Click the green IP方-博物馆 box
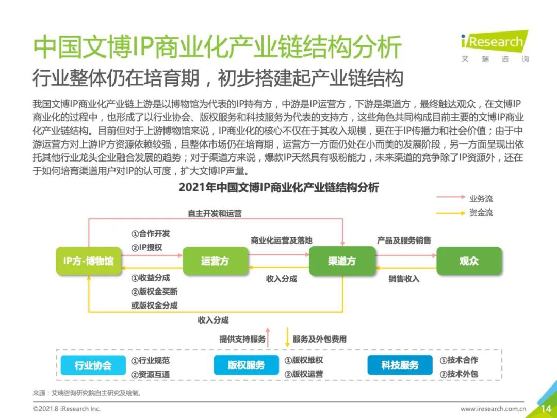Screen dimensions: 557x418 (x=89, y=261)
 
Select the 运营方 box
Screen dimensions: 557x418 (x=215, y=261)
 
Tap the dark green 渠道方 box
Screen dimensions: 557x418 (x=342, y=261)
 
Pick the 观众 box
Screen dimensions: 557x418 (x=469, y=261)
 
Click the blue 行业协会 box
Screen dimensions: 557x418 (x=93, y=365)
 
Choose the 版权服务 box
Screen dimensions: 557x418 (x=246, y=365)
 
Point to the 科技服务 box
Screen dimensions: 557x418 (x=400, y=365)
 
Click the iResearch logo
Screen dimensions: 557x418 (x=495, y=46)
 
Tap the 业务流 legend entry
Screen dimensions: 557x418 (x=464, y=198)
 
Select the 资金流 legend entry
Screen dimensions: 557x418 (x=464, y=213)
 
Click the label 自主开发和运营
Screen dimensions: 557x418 (x=215, y=213)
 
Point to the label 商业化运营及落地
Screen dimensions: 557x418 (x=282, y=240)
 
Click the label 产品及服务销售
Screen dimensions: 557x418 (x=404, y=240)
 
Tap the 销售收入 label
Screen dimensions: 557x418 (x=404, y=279)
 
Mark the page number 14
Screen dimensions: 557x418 (x=546, y=408)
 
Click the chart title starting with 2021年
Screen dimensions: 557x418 (x=278, y=187)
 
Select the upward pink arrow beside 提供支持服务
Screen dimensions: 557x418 (x=268, y=337)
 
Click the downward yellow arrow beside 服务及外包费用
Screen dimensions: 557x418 (x=287, y=337)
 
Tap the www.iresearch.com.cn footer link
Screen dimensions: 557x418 (x=493, y=409)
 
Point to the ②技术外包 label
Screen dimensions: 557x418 (x=459, y=374)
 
